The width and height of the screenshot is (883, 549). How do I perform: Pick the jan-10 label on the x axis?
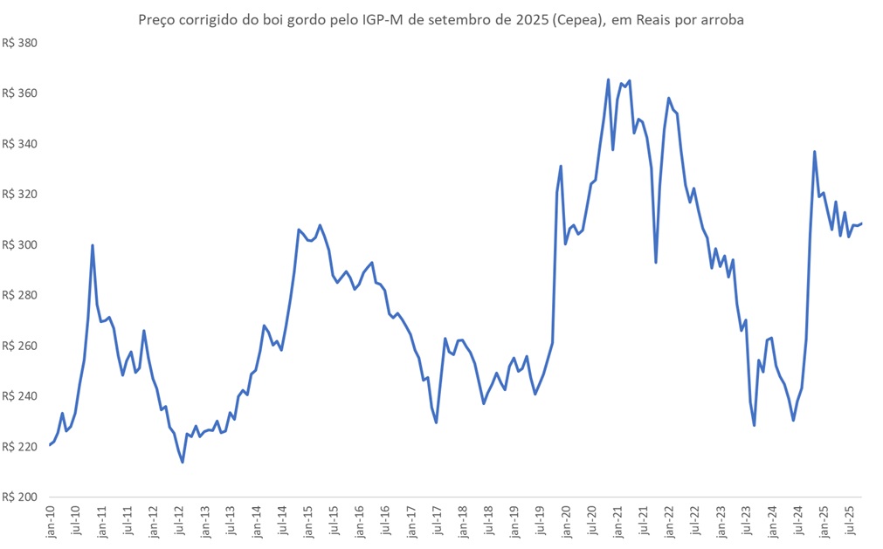pyautogui.click(x=51, y=521)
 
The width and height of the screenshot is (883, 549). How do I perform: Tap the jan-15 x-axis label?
pyautogui.click(x=309, y=521)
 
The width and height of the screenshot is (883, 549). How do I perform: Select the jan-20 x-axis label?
pyautogui.click(x=567, y=521)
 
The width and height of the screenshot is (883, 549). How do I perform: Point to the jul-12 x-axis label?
pyautogui.click(x=180, y=521)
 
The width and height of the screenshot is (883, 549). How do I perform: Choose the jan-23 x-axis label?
pyautogui.click(x=721, y=521)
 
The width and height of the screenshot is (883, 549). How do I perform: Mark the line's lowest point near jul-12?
pyautogui.click(x=183, y=462)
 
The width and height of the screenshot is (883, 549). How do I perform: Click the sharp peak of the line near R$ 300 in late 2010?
pyautogui.click(x=93, y=245)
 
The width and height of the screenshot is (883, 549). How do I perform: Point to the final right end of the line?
pyautogui.click(x=861, y=223)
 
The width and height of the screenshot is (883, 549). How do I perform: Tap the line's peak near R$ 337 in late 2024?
pyautogui.click(x=815, y=152)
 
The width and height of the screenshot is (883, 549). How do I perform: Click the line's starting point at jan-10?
pyautogui.click(x=50, y=445)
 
